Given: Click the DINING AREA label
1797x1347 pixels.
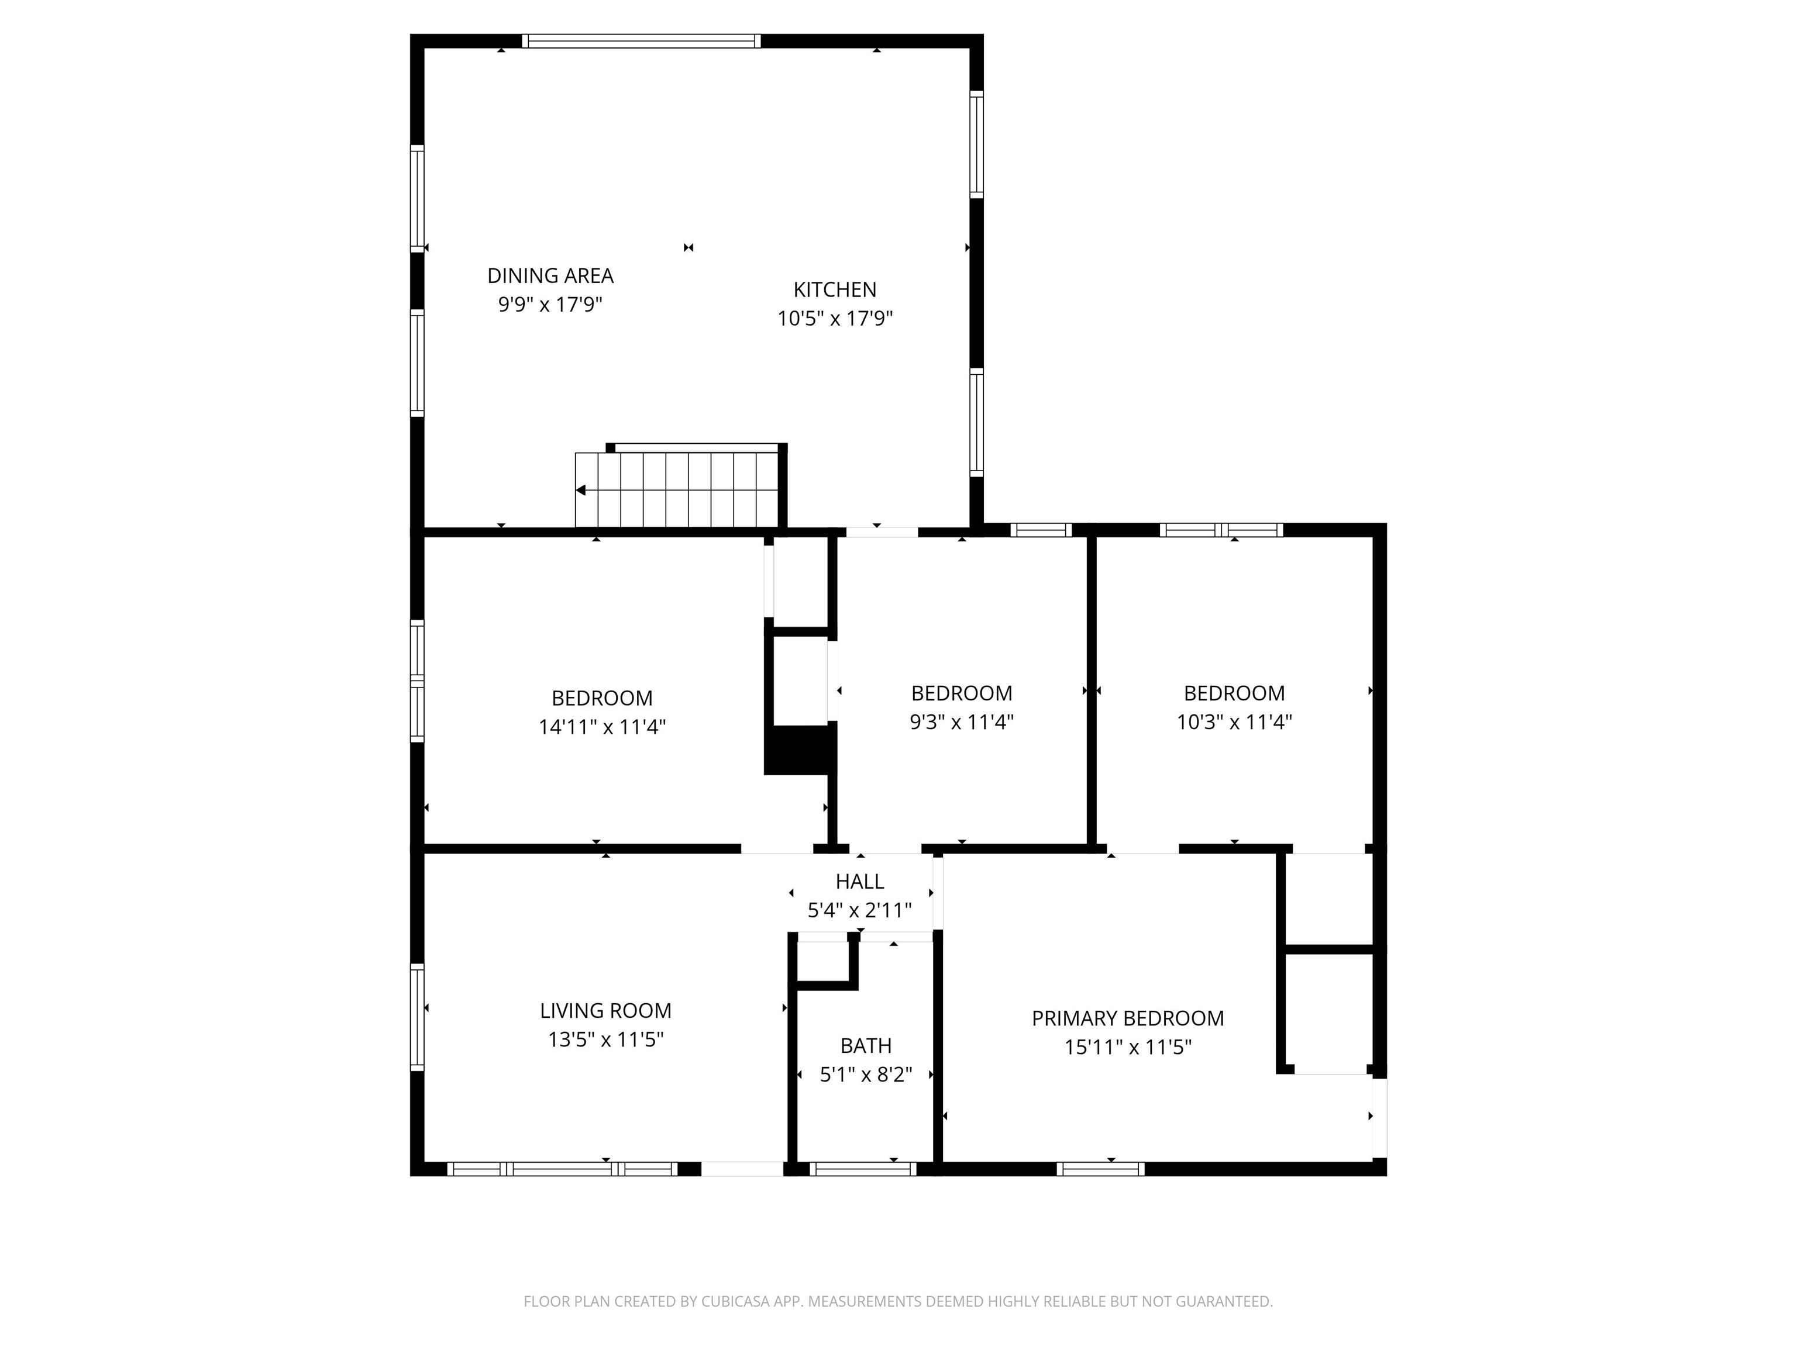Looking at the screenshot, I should point(550,276).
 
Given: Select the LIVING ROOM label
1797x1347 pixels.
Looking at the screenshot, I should point(605,1011).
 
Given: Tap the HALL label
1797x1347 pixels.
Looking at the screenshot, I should point(859,882).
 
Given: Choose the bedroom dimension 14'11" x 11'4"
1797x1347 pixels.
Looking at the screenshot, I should point(602,727).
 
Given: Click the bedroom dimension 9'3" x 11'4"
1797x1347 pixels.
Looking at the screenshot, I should point(961,722).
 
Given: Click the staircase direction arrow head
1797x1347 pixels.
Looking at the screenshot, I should point(581,491).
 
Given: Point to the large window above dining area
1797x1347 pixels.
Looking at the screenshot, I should point(641,40).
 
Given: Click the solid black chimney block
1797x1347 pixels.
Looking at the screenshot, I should point(800,750).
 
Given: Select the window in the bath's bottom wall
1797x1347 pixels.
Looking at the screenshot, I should point(863,1169).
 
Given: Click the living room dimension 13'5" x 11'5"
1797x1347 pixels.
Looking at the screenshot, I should point(605,1039).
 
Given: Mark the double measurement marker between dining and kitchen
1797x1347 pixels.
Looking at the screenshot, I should point(688,248).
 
